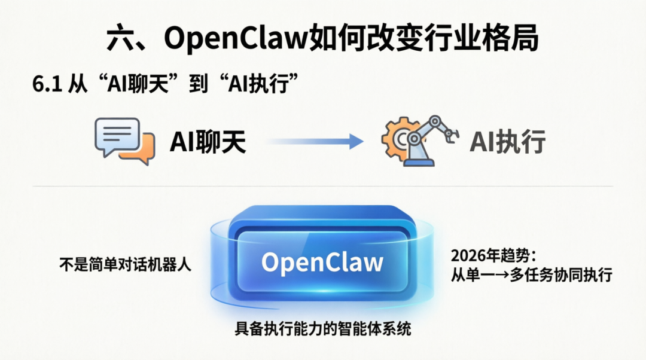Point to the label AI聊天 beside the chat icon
pos(208,142)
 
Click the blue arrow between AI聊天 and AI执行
pos(314,142)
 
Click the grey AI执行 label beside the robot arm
pos(507,142)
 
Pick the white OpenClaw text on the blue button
pos(322,263)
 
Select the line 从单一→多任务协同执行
pos(531,276)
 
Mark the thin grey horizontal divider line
pos(323,186)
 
